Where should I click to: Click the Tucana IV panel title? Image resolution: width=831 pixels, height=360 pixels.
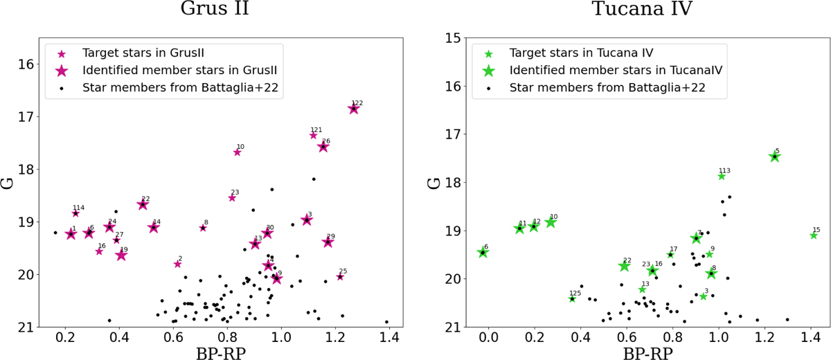[x=633, y=10]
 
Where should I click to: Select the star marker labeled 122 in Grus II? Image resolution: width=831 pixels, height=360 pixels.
[x=354, y=109]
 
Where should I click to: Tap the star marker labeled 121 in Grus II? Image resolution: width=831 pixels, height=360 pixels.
[x=313, y=135]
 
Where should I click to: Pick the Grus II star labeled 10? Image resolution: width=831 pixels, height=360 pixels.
[x=237, y=152]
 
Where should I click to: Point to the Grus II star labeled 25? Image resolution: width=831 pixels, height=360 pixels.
[x=340, y=277]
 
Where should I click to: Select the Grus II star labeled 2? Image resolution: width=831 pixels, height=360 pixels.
[x=177, y=264]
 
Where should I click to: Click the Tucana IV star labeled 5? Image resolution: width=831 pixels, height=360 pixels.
[x=774, y=157]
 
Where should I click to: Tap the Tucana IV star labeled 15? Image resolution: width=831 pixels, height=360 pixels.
[x=814, y=235]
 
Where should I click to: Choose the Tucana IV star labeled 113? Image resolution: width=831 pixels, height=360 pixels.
[x=722, y=176]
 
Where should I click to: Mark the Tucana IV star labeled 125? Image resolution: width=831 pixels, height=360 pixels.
[x=572, y=298]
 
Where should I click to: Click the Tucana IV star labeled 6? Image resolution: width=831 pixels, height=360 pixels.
[x=483, y=253]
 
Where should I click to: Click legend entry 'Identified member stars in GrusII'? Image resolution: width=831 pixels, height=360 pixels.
[x=184, y=71]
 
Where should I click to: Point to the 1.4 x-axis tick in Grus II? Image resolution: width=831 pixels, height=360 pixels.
[x=388, y=338]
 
